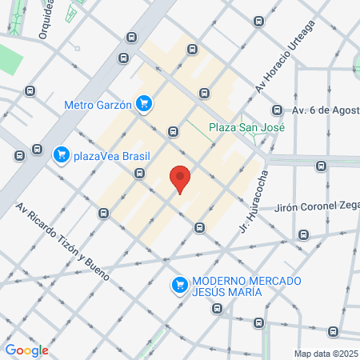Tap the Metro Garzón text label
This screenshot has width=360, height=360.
click(x=98, y=103)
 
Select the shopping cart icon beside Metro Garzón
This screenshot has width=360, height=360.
click(x=144, y=103)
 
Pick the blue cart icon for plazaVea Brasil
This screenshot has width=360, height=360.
click(x=60, y=154)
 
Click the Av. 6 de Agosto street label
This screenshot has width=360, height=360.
click(x=323, y=110)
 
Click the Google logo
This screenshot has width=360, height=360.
click(x=26, y=350)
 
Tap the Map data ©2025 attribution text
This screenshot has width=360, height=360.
click(x=326, y=353)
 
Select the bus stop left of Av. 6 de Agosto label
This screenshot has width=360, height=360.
click(x=277, y=110)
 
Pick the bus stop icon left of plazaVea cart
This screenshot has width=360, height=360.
click(x=37, y=149)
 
